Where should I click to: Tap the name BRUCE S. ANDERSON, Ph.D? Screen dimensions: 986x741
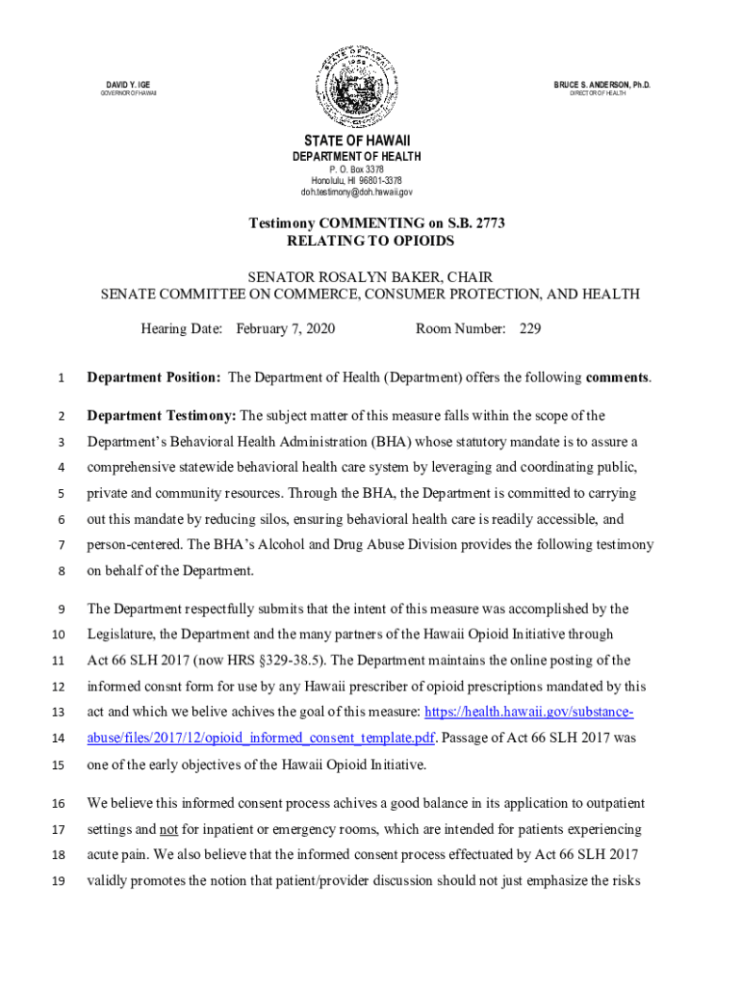[x=602, y=85]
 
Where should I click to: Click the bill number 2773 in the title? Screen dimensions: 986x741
[x=487, y=223]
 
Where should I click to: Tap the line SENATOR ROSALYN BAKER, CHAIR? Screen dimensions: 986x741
[x=370, y=276]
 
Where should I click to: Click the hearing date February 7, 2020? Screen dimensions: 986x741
[x=286, y=329]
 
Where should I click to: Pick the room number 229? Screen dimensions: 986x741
[x=530, y=329]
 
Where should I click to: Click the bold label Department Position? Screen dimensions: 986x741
[x=155, y=377]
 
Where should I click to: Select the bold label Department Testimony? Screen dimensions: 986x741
[x=161, y=416]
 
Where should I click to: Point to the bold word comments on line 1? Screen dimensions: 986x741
[x=617, y=377]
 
